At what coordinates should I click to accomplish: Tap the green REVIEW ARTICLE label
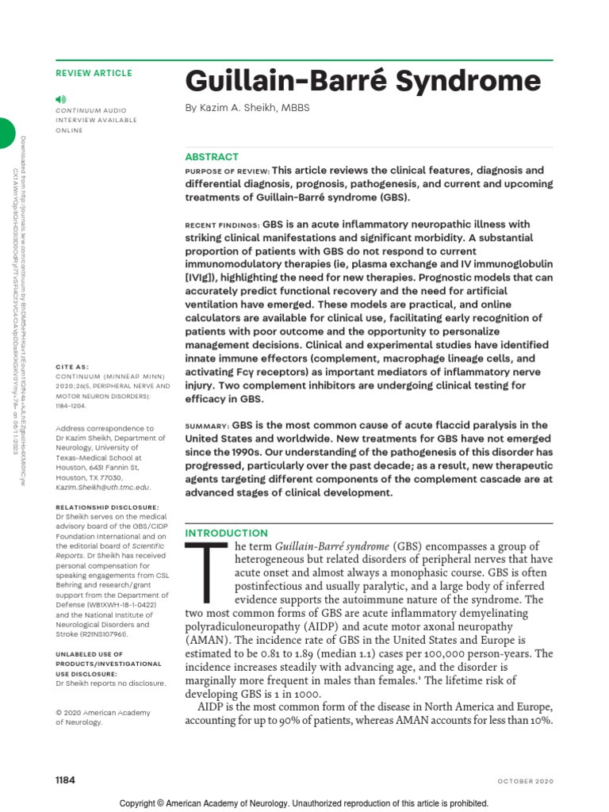[x=94, y=73]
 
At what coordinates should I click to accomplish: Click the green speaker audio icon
[x=60, y=98]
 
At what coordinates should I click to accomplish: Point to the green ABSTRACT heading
[x=211, y=157]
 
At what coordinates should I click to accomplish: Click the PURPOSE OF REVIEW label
[x=227, y=171]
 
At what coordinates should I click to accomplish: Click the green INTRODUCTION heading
[x=226, y=533]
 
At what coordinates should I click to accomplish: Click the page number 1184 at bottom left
[x=65, y=780]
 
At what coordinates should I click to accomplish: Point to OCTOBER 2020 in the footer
[x=525, y=781]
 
